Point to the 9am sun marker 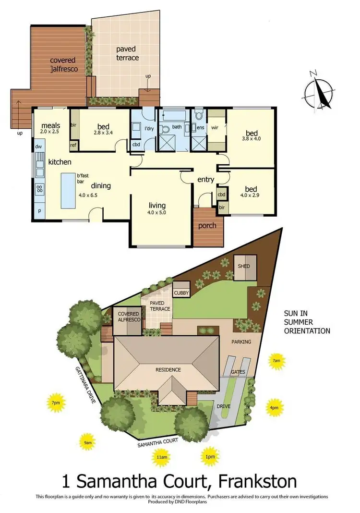87,441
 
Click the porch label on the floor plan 207,226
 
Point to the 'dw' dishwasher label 38,147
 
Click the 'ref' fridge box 73,146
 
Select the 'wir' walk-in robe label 215,128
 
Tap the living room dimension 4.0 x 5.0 158,212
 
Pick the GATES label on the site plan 238,372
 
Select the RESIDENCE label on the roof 168,369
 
